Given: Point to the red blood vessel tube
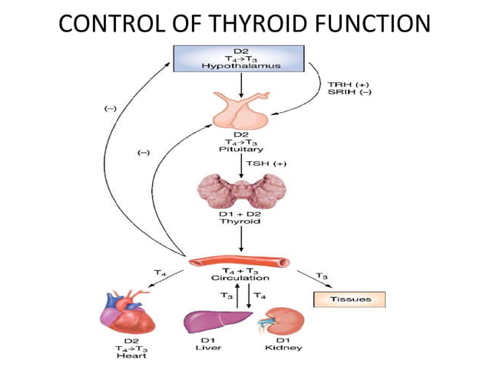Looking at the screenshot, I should click(x=242, y=263).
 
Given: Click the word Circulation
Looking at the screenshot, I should click(x=240, y=278).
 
